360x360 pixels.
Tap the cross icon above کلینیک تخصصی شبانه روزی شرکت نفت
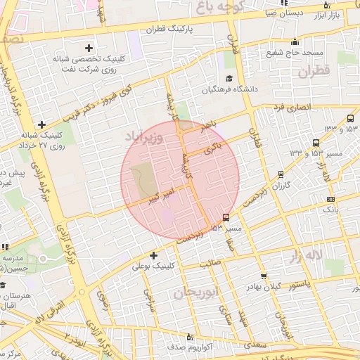point(89,49)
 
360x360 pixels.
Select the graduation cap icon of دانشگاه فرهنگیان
point(229,79)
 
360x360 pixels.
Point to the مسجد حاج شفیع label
point(295,53)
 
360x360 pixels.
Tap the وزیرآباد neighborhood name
point(144,135)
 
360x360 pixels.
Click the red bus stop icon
point(226,217)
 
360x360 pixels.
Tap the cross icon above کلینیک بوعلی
point(153,255)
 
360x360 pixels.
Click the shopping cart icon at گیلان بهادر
point(264,276)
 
